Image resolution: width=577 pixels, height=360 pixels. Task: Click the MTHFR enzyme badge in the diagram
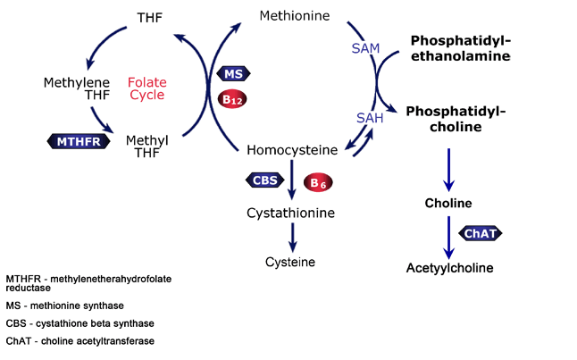[x=79, y=141]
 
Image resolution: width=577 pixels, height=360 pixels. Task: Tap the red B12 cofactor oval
[x=232, y=99]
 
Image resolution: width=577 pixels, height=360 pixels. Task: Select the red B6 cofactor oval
[x=318, y=182]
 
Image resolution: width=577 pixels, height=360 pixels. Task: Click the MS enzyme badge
[x=233, y=73]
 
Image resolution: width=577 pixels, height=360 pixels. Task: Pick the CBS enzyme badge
[x=265, y=180]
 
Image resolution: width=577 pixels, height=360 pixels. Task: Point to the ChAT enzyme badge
[x=481, y=233]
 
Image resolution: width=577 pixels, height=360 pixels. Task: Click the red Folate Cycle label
[x=147, y=88]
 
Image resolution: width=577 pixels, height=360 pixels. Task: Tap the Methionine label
[x=295, y=16]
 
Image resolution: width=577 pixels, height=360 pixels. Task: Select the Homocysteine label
[x=292, y=150]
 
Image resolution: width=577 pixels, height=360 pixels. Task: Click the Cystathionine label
[x=290, y=213]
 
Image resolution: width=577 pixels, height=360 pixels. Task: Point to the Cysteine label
[x=290, y=262]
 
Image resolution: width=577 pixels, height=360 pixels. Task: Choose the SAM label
[x=365, y=48]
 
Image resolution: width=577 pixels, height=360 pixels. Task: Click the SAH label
[x=370, y=118]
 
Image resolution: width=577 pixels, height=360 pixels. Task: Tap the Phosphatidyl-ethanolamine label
[x=461, y=48]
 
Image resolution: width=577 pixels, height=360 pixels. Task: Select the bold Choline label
[x=448, y=203]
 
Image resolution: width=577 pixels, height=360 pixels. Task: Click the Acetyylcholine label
[x=449, y=268]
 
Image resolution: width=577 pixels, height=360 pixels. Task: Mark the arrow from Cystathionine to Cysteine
[x=293, y=238]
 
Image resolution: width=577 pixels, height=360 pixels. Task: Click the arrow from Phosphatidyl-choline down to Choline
[x=448, y=170]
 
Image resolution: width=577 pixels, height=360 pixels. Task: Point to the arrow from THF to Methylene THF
[x=103, y=43]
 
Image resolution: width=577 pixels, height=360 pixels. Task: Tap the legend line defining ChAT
[x=79, y=341]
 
